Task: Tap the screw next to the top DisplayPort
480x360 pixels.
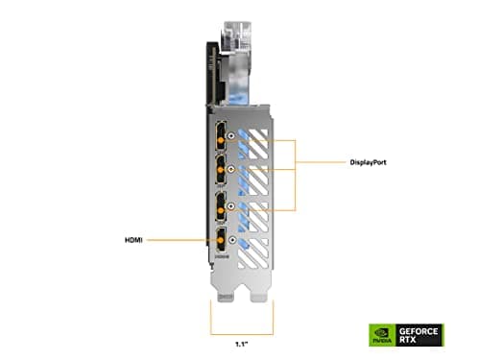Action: click(x=237, y=138)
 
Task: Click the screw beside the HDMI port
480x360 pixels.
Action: click(x=237, y=241)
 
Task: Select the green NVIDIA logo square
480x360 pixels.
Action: click(x=381, y=335)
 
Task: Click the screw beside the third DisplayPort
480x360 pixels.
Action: click(x=237, y=205)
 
